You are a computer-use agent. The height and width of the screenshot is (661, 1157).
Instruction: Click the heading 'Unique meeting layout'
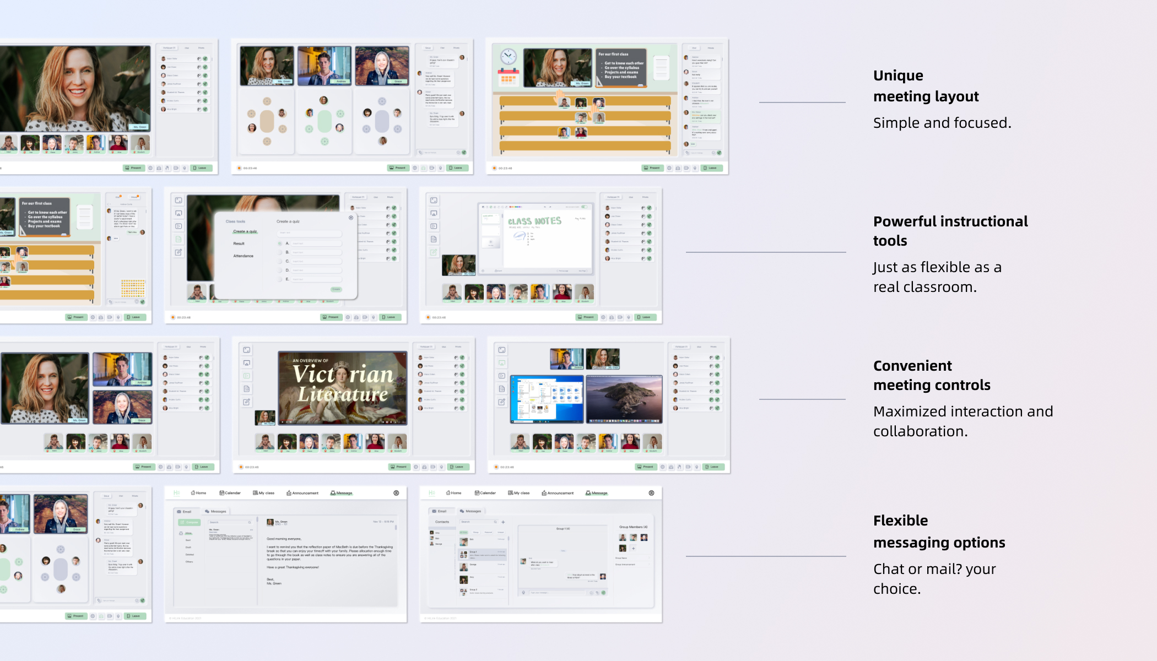tap(926, 86)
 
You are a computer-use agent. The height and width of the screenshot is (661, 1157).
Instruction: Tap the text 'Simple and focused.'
tap(942, 123)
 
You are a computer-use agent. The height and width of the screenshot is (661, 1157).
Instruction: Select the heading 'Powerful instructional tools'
tap(950, 231)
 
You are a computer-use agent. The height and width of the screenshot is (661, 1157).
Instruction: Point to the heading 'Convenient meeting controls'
tap(932, 375)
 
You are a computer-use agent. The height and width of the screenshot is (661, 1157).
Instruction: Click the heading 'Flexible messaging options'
tap(939, 532)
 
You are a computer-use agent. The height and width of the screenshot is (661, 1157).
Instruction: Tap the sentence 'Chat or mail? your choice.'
tap(934, 578)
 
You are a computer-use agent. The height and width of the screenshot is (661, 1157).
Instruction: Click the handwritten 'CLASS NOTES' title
tap(534, 221)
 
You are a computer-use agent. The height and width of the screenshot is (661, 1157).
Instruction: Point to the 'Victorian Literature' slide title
tap(343, 384)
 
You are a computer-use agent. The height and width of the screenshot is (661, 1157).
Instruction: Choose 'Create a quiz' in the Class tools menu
tap(245, 231)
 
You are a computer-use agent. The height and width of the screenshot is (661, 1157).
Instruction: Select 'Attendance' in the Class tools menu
tap(243, 256)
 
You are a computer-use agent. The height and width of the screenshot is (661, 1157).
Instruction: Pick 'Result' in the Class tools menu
tap(239, 243)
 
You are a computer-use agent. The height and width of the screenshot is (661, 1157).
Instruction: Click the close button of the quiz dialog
tap(351, 218)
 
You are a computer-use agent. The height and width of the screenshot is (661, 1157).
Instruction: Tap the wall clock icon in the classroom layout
tap(508, 56)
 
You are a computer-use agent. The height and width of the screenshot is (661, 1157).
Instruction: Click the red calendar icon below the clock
tap(508, 78)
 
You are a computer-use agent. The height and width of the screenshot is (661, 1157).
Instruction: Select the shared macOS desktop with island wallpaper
tap(624, 399)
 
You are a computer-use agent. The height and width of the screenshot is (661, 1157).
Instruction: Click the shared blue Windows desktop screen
tap(547, 399)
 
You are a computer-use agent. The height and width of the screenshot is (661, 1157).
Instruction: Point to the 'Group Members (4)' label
tap(633, 527)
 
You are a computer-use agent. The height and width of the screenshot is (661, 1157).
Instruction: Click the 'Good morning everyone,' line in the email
tap(284, 539)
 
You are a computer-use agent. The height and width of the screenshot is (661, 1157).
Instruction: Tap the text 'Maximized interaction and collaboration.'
tap(963, 421)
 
